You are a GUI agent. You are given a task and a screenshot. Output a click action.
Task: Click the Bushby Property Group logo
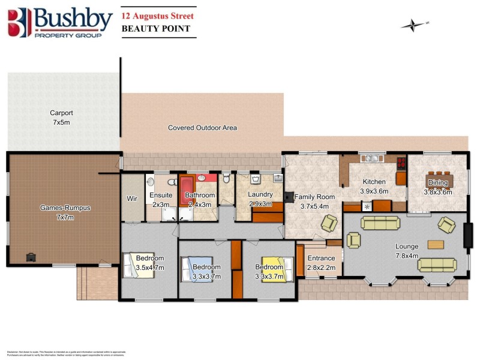(x=60, y=22)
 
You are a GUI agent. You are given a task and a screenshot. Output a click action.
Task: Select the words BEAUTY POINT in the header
(x=155, y=28)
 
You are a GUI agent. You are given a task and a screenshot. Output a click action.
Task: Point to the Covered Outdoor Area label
(x=202, y=128)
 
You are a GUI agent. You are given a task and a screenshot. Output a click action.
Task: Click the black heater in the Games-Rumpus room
(x=30, y=257)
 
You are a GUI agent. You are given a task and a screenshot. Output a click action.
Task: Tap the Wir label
(x=132, y=199)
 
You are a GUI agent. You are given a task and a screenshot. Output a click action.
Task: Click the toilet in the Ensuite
(x=151, y=182)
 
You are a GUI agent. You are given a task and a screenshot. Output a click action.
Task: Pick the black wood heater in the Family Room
(x=289, y=196)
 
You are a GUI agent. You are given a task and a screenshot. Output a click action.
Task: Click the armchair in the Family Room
(x=329, y=224)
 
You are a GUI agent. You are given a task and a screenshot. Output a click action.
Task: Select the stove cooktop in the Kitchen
(x=400, y=161)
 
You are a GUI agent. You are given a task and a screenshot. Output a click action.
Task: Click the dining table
(x=439, y=181)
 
